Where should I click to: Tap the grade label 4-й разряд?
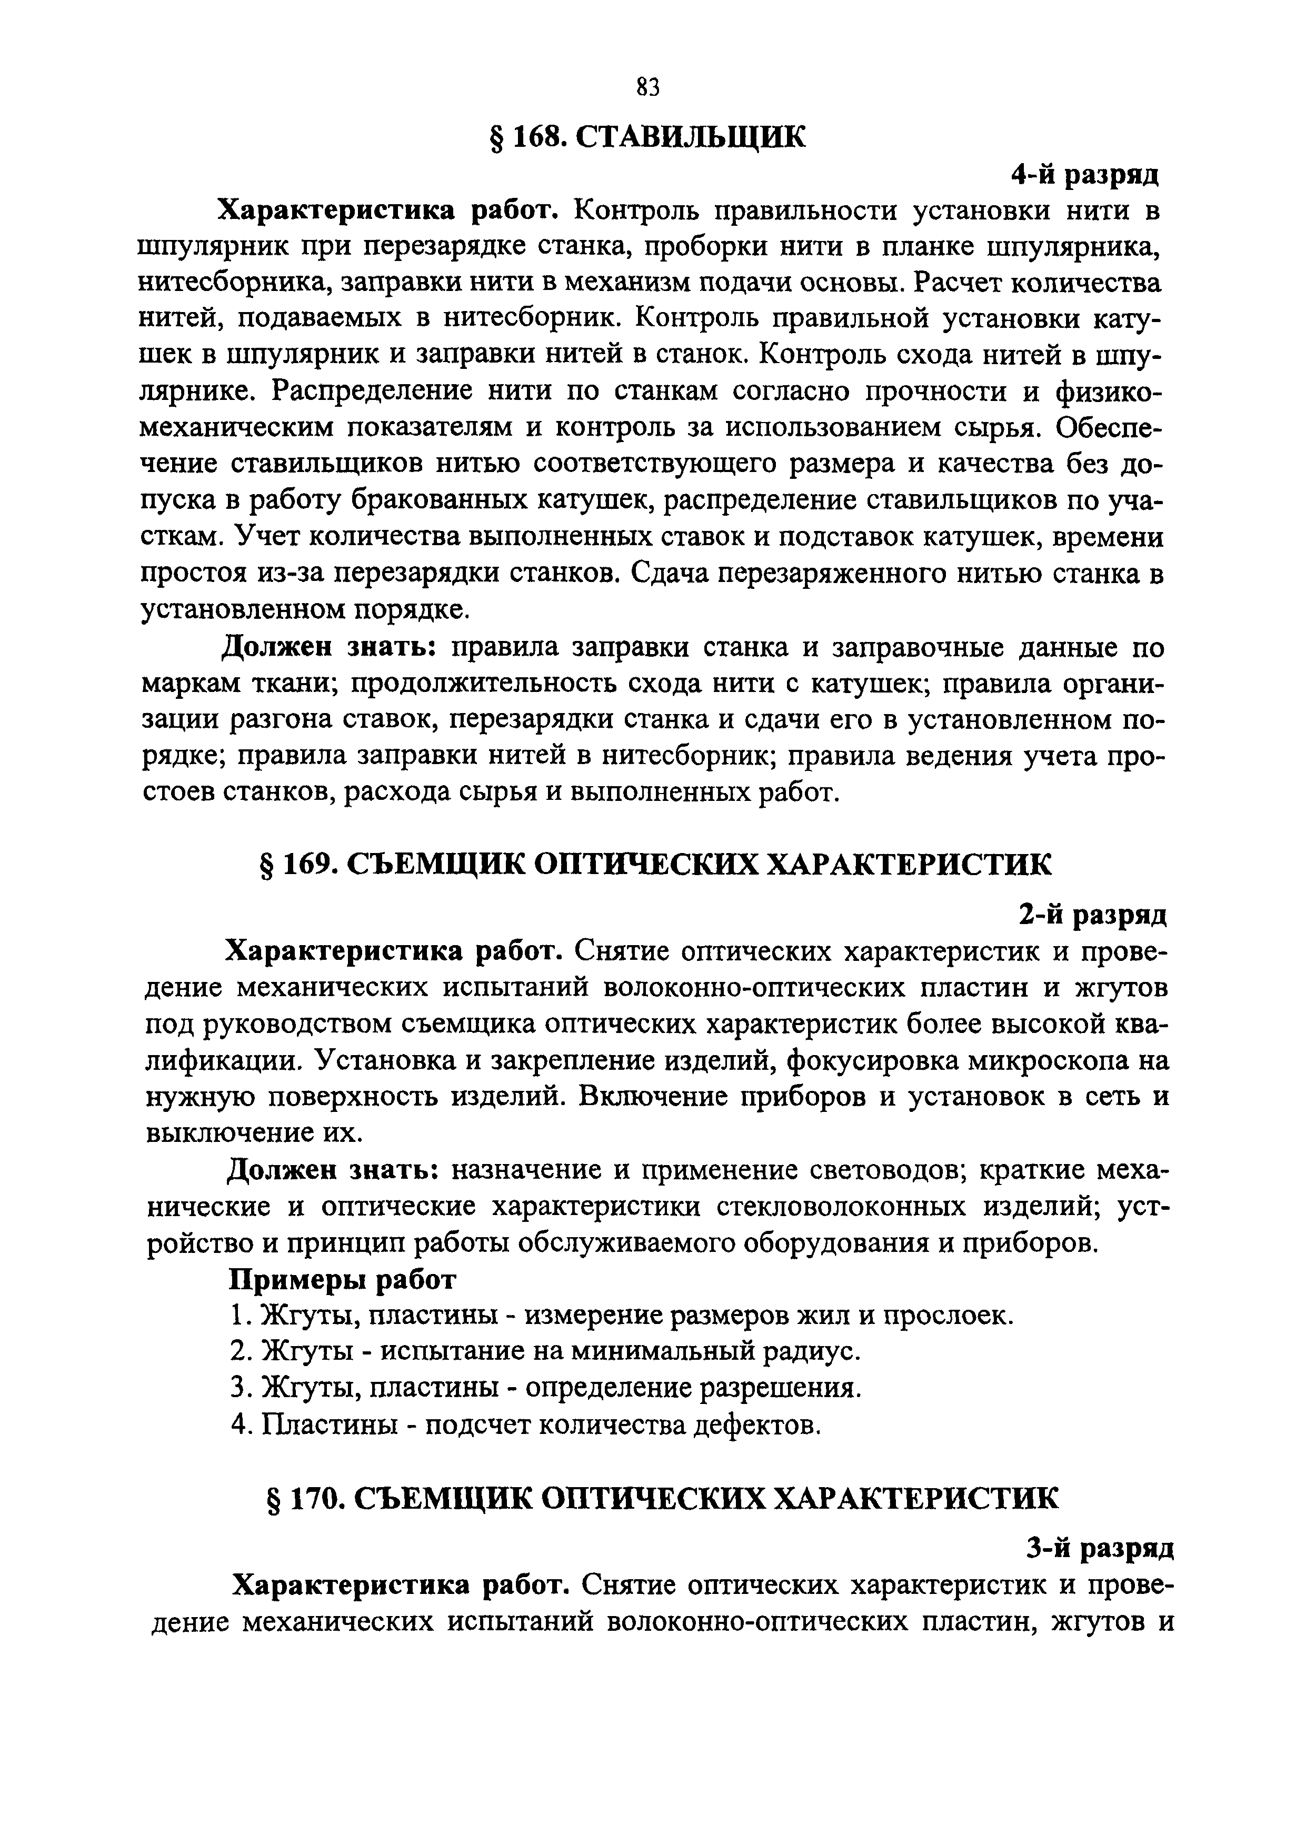pos(1084,175)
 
